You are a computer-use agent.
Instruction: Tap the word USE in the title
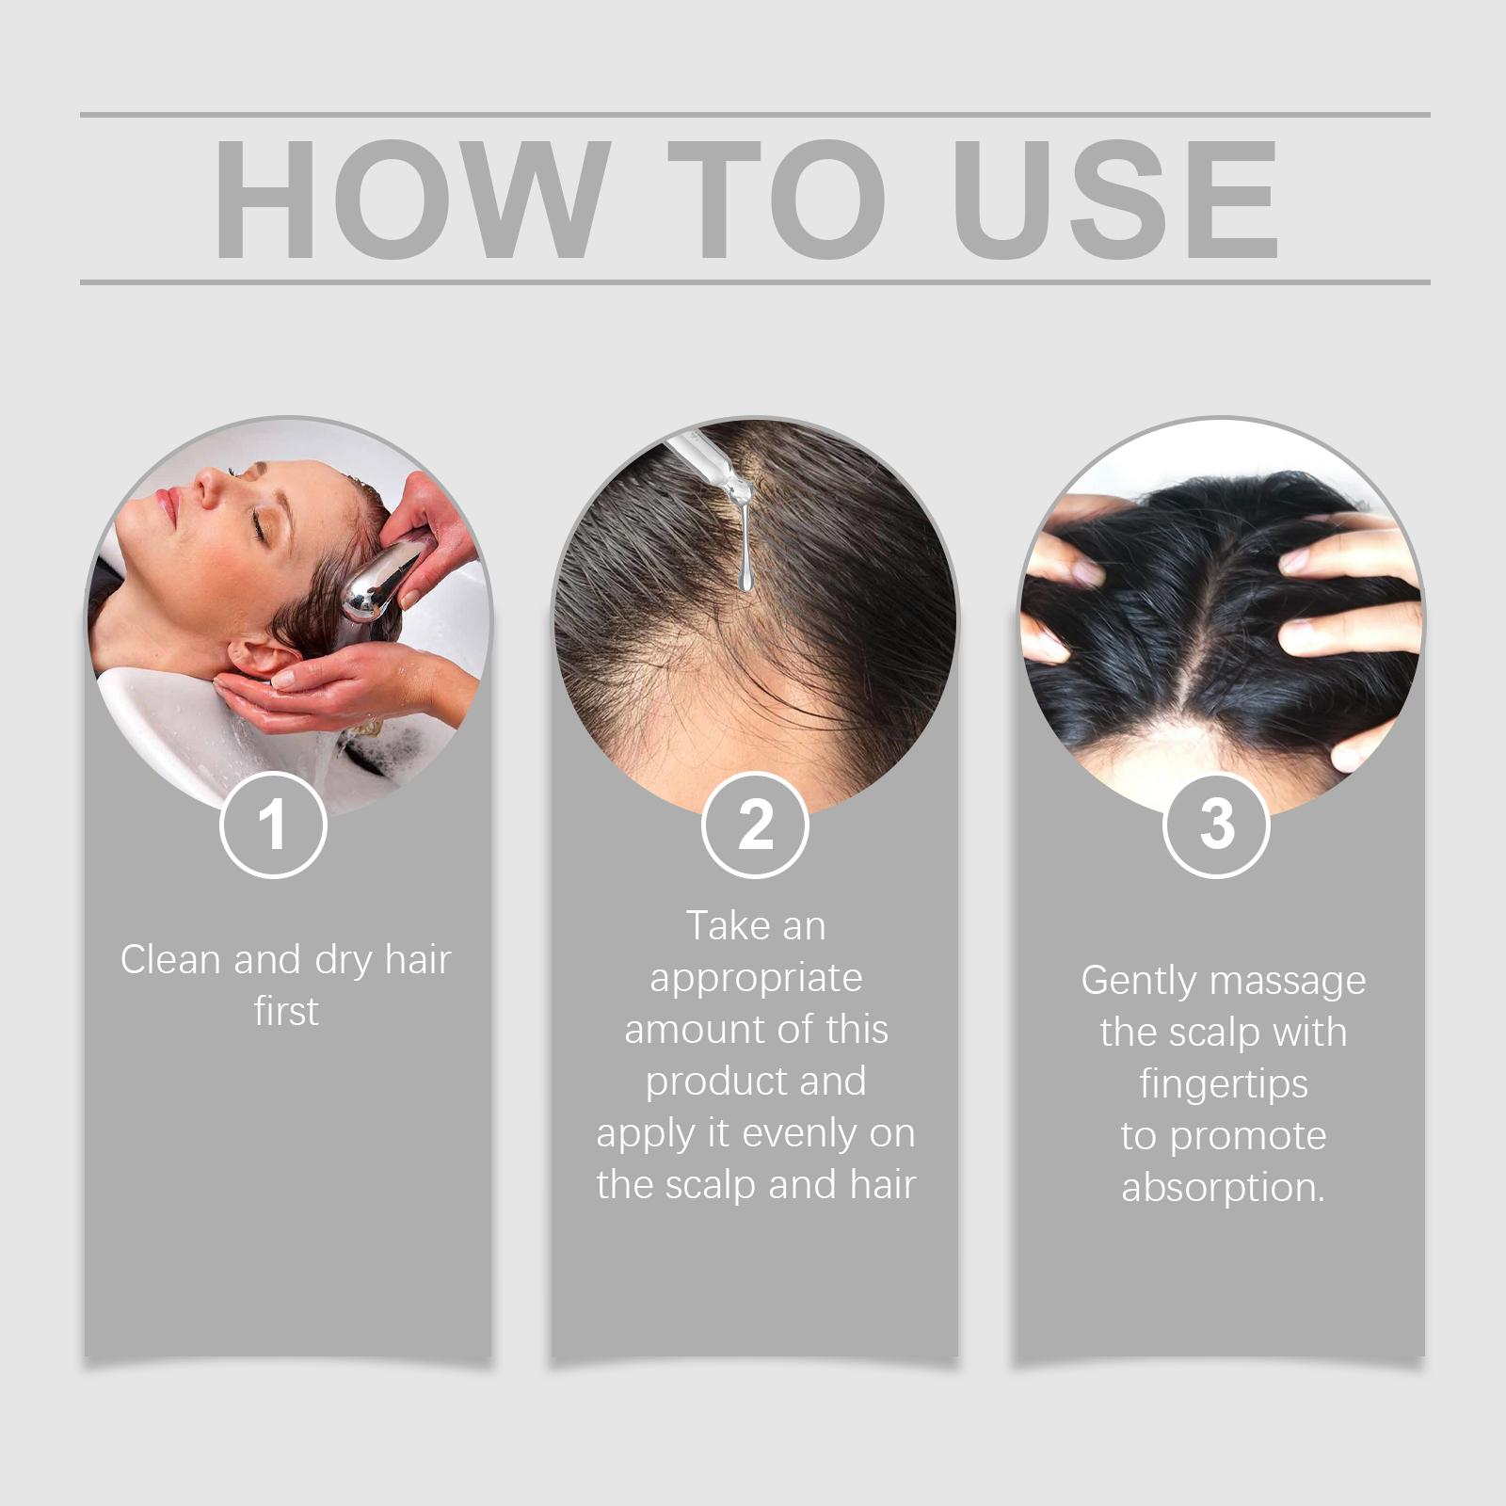(1115, 199)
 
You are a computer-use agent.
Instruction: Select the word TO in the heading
(777, 199)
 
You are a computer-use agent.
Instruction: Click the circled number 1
(273, 825)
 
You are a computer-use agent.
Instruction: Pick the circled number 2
(755, 825)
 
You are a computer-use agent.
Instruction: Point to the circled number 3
(1217, 825)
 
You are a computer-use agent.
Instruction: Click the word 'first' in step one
(286, 1011)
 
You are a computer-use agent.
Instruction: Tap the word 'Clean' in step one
(171, 959)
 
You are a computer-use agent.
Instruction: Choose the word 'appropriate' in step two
(756, 979)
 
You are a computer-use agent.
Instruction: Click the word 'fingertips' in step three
(1224, 1084)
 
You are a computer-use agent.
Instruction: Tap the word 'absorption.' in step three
(1224, 1188)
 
